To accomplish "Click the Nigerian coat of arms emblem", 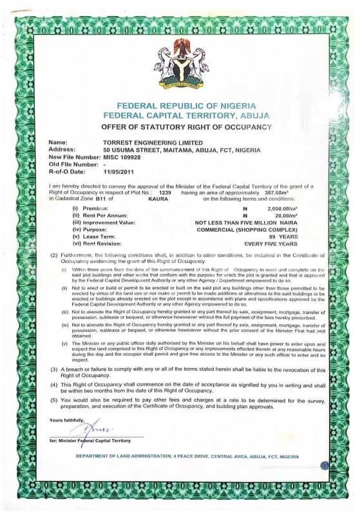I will pyautogui.click(x=180, y=64).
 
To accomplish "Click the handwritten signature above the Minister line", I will pyautogui.click(x=86, y=427).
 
